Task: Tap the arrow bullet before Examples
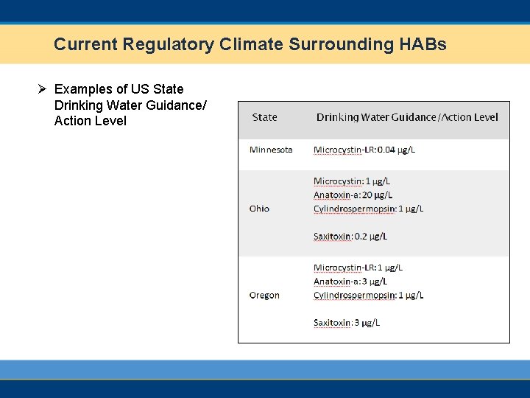43,89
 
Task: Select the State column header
264,117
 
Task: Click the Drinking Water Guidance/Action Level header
407,117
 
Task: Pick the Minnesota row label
271,150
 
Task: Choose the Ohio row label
259,209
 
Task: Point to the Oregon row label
264,295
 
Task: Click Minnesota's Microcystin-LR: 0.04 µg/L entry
364,150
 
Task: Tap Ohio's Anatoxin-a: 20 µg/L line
353,195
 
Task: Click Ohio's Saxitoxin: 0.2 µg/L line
350,237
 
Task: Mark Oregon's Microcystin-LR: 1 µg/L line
358,268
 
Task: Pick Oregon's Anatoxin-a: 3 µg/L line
350,282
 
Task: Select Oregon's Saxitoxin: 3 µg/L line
347,323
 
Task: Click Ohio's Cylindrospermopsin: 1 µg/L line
368,209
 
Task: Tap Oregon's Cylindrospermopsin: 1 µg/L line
368,295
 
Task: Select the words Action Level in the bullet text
91,121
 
